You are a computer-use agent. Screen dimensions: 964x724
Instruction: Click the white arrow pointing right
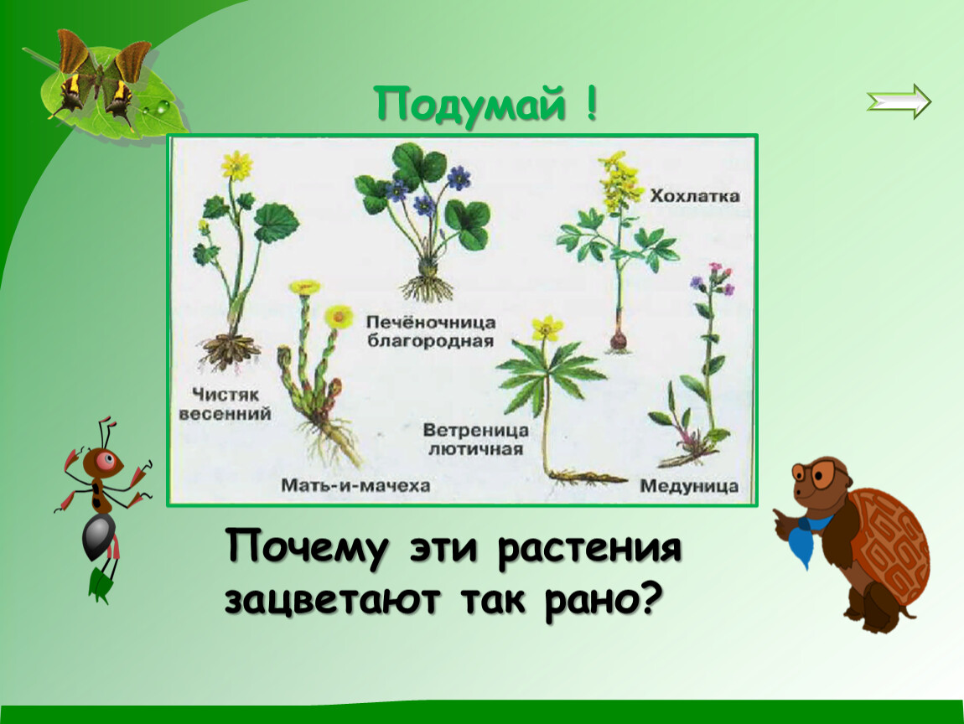[899, 101]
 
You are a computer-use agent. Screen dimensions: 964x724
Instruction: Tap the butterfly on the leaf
[101, 79]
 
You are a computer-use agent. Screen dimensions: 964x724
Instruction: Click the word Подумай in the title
[469, 104]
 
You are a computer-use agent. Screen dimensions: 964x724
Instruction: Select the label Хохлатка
[695, 196]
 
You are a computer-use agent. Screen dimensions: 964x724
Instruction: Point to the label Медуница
[688, 486]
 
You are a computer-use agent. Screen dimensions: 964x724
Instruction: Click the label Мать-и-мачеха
[355, 485]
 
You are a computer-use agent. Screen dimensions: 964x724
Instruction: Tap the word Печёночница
[430, 322]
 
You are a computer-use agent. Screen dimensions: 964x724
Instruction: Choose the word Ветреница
[475, 430]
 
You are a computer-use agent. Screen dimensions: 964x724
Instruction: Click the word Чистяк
[225, 394]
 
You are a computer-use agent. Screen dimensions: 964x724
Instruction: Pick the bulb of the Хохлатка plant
[619, 340]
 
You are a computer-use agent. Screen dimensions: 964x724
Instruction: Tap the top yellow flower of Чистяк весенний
[236, 164]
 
